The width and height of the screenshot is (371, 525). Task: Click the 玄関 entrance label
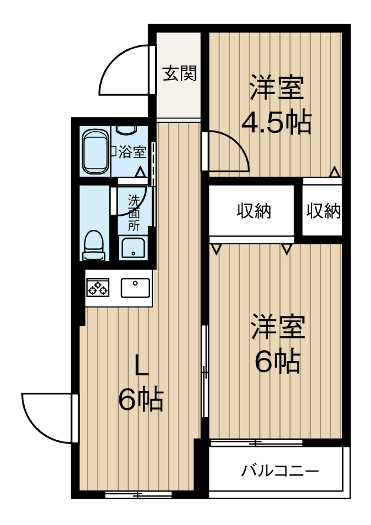pos(179,74)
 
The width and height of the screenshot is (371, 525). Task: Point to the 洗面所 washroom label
pos(135,212)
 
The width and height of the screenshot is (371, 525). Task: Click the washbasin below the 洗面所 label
pos(135,248)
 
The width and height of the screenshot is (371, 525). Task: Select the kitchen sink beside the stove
pos(136,287)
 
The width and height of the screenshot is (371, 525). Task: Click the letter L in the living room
pos(141,366)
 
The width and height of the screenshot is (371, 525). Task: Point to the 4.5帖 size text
pos(276,122)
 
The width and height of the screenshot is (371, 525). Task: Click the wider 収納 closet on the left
pos(254,211)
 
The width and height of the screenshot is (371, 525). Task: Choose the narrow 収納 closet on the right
pos(323,211)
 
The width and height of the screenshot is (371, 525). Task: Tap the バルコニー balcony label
pos(280,471)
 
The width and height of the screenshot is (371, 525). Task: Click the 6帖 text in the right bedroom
pos(277,362)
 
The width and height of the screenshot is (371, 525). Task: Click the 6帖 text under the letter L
pos(141,400)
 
